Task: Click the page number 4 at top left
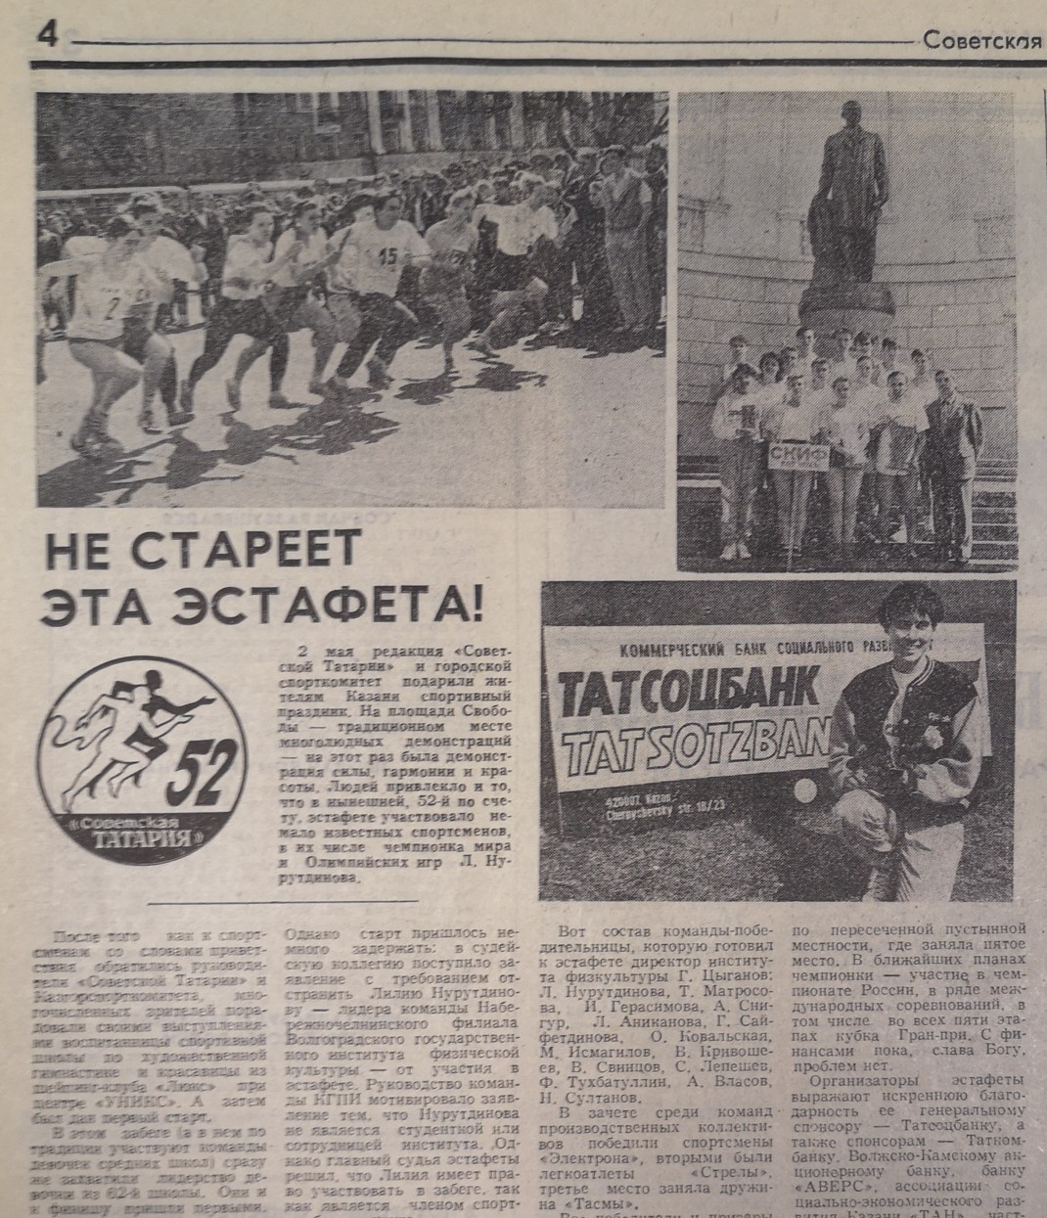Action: coord(48,35)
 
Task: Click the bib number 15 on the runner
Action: coord(387,255)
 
